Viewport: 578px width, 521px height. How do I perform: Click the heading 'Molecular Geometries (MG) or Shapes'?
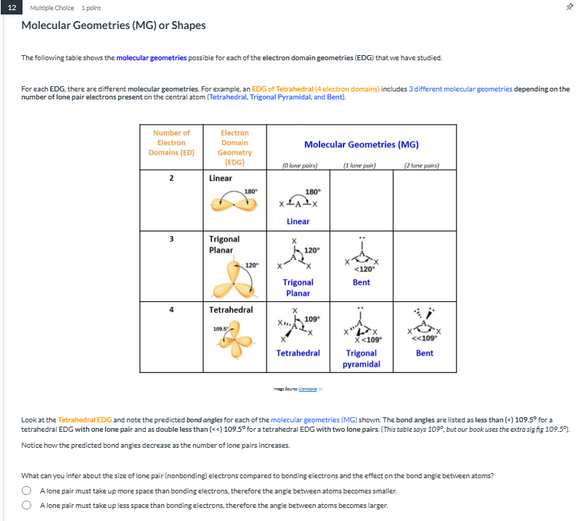click(113, 25)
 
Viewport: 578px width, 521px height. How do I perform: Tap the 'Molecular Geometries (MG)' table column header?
click(361, 144)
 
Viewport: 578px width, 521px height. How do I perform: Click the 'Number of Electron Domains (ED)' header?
click(171, 143)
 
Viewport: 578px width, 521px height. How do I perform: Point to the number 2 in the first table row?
click(171, 178)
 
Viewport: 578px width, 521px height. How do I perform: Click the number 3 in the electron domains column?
click(171, 239)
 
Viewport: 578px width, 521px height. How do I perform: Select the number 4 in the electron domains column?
click(171, 310)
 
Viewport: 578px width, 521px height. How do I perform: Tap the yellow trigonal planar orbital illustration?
click(232, 276)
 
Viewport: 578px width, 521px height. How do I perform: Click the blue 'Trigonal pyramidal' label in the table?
click(361, 358)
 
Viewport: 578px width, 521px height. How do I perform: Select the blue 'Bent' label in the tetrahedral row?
click(425, 353)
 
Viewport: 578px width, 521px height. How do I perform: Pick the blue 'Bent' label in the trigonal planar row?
click(361, 282)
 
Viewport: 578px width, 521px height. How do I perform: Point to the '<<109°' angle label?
click(426, 338)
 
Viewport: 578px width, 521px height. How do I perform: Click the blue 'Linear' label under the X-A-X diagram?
click(298, 221)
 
